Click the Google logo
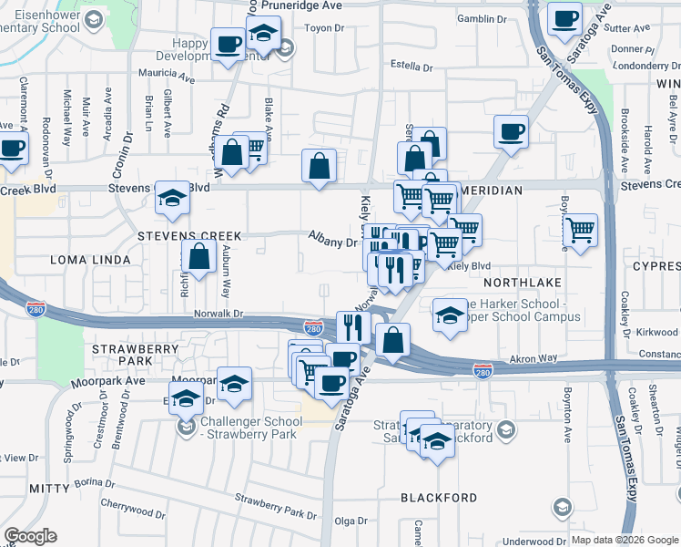30,536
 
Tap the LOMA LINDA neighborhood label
37,259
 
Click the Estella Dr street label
412,67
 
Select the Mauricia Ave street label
167,73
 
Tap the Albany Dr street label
332,243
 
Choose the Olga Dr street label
351,521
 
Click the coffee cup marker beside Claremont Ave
13,148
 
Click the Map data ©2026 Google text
622,540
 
